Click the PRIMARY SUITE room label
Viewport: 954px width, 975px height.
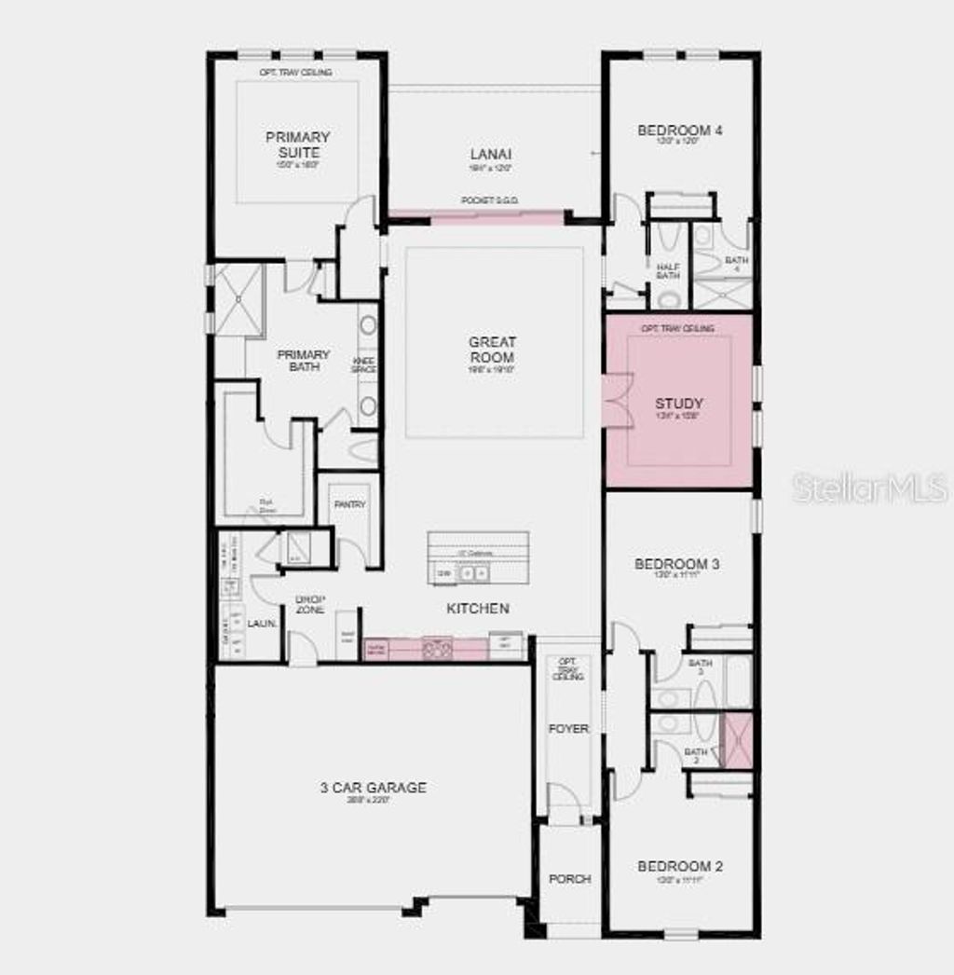click(297, 144)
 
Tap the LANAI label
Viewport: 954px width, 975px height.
click(490, 154)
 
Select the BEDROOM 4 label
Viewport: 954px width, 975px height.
click(680, 130)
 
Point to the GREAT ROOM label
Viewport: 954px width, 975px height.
click(492, 350)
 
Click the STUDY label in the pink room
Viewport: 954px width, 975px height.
click(679, 404)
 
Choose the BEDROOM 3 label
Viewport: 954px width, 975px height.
click(677, 564)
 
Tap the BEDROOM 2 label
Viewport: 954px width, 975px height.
click(680, 867)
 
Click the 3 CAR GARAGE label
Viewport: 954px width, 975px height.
click(373, 788)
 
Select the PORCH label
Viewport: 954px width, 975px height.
click(569, 879)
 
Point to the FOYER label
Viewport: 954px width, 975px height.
click(568, 729)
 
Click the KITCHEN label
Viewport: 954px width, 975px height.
click(478, 609)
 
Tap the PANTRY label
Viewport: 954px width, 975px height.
click(349, 505)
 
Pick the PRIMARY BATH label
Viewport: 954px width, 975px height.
click(303, 360)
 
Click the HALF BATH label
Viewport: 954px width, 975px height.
click(668, 270)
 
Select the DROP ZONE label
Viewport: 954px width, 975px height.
click(309, 604)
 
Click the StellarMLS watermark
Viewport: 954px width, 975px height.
click(870, 487)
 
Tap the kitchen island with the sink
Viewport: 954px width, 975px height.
click(478, 558)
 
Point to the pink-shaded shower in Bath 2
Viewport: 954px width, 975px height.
click(738, 739)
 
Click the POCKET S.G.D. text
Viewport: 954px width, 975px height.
click(490, 200)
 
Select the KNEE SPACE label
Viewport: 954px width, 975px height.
click(363, 364)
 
